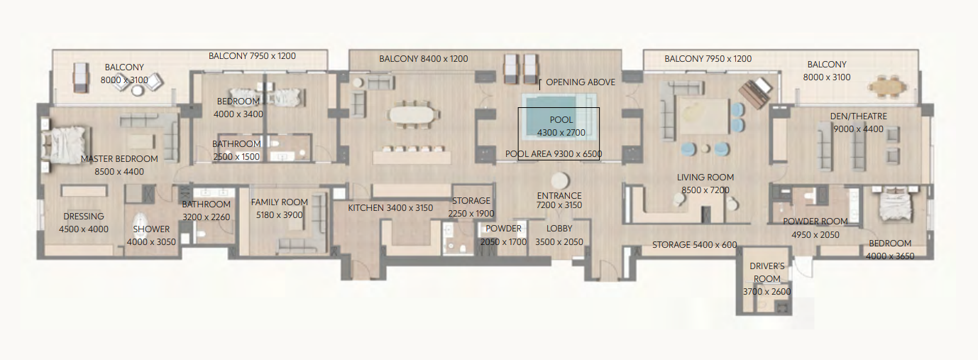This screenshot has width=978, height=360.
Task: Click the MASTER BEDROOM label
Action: (119, 159)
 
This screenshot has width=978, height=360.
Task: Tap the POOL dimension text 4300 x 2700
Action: (561, 133)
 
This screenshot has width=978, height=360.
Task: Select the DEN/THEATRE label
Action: (858, 116)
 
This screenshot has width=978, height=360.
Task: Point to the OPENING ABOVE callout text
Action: (581, 82)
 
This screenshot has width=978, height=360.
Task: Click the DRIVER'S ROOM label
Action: (767, 272)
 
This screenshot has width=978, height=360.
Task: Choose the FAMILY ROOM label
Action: (280, 202)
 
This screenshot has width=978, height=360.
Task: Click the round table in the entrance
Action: (560, 181)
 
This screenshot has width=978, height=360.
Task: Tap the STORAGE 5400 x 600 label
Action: (695, 245)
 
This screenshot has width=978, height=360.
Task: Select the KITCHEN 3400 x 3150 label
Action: (390, 208)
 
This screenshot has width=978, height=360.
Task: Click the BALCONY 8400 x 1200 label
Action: (424, 59)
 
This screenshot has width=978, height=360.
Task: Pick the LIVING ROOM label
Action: (705, 178)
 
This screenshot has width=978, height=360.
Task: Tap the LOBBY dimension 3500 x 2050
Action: (559, 242)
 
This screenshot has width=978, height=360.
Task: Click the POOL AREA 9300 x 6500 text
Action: (554, 154)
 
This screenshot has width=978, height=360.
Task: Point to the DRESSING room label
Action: (84, 217)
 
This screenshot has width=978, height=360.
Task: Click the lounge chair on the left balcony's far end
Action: (81, 77)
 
